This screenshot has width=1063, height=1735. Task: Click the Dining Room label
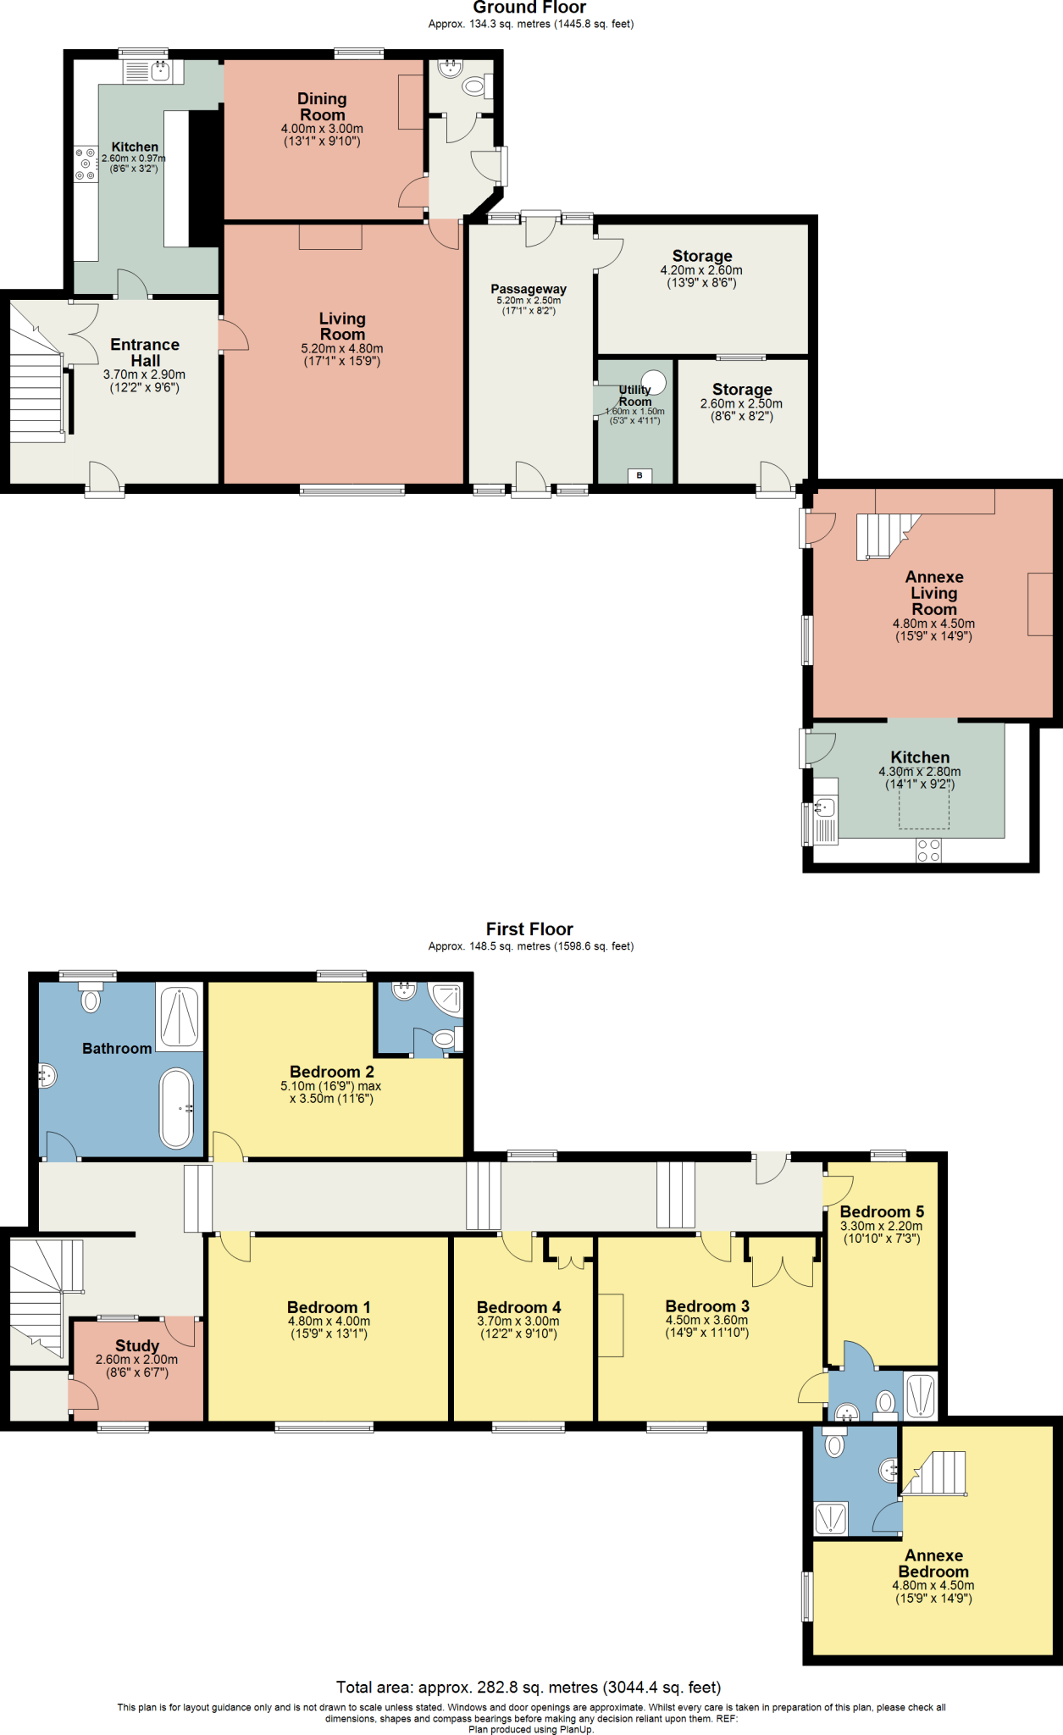(322, 107)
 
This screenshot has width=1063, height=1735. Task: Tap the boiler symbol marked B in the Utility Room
(639, 475)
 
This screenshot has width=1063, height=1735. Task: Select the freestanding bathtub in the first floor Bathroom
(177, 1108)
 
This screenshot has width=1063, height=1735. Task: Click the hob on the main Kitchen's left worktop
(86, 164)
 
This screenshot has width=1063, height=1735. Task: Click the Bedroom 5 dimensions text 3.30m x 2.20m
(881, 1226)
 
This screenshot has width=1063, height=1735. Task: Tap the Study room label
(137, 1345)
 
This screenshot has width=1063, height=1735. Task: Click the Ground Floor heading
(529, 8)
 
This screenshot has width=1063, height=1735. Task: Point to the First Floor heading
(529, 929)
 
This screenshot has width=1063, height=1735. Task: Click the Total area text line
(529, 1687)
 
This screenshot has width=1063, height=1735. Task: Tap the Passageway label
(529, 289)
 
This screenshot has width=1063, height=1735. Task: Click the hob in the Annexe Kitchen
(928, 851)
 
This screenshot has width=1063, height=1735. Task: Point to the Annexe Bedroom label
(933, 1563)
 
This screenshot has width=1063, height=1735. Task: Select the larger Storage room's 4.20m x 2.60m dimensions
(701, 270)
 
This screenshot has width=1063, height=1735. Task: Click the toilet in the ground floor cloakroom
(473, 86)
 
